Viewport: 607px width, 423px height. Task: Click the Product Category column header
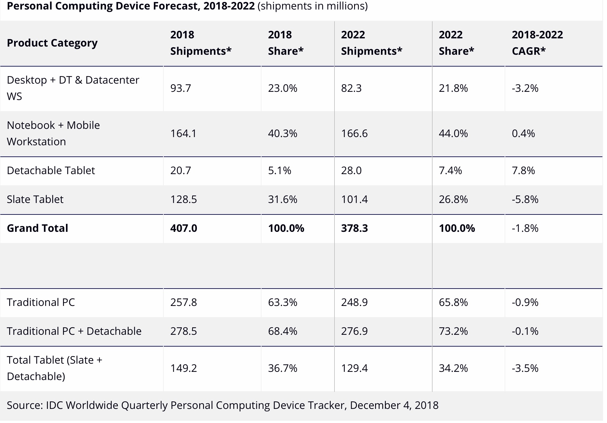pos(52,43)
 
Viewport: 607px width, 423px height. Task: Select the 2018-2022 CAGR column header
pos(537,43)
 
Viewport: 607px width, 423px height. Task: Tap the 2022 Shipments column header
pos(371,43)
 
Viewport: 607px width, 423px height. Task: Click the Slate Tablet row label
pos(35,199)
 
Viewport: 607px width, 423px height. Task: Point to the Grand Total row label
pos(37,228)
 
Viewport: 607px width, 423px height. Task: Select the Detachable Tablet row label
pos(51,171)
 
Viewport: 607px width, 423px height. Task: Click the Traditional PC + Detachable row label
pos(74,331)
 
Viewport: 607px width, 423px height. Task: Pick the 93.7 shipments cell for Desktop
pos(180,88)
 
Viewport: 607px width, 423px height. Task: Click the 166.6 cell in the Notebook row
pos(354,133)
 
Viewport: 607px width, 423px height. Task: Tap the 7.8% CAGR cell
pos(523,171)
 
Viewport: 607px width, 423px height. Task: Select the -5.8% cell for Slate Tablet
pos(525,199)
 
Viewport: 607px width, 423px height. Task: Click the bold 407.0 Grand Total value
pos(184,228)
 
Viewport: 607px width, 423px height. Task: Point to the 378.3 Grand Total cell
pos(354,228)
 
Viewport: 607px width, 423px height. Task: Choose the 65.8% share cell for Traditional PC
pos(453,302)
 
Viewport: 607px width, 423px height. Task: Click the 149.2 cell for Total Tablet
pos(183,368)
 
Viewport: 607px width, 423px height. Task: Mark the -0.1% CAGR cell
pos(525,331)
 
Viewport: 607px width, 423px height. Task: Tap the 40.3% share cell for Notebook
pos(283,133)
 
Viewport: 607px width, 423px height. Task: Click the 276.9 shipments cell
pos(354,331)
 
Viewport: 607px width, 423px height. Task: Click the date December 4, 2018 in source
pos(394,405)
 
